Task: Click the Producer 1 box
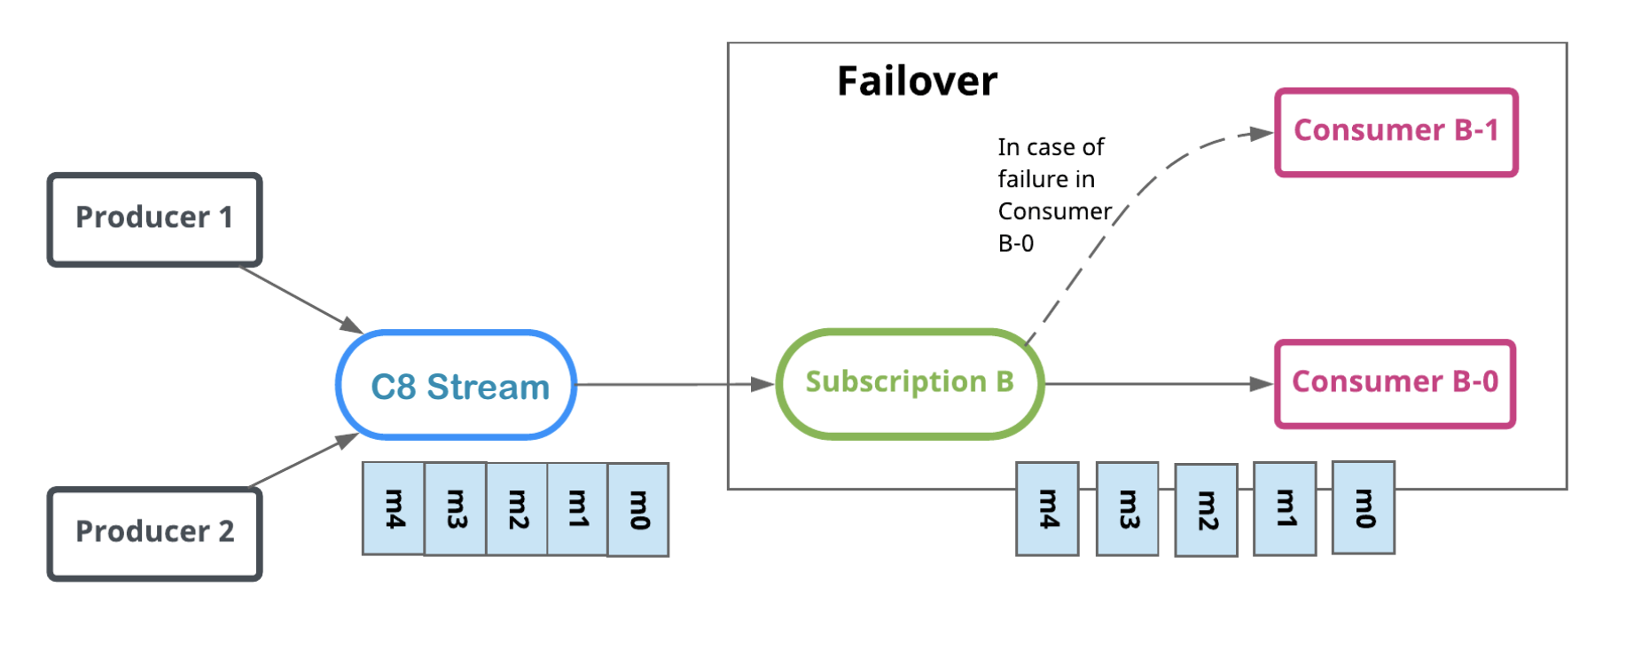[154, 219]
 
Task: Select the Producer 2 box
[154, 533]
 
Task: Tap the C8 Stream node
[457, 385]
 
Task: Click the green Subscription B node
[910, 383]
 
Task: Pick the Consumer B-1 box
[1395, 132]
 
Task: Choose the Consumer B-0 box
[1395, 383]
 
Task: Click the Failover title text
[917, 82]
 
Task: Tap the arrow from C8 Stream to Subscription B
[674, 384]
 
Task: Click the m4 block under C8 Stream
[394, 508]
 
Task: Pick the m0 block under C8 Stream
[638, 510]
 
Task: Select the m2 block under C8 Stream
[517, 509]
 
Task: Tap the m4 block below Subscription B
[1047, 509]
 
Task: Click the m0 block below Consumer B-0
[1364, 508]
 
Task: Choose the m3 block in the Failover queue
[1127, 509]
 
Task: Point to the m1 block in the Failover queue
[1285, 509]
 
